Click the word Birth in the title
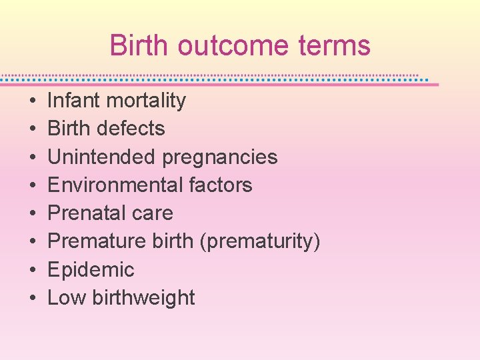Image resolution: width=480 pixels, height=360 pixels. (x=138, y=45)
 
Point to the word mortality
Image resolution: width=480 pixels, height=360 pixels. (x=146, y=101)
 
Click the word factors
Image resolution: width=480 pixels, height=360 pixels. (x=219, y=185)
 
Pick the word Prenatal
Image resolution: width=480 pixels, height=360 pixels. (x=85, y=213)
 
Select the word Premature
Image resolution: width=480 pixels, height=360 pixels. (x=94, y=241)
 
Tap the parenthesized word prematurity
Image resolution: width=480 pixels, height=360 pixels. (x=260, y=242)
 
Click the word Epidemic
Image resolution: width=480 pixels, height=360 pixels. (x=91, y=270)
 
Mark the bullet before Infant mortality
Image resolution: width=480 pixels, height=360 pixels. (x=33, y=101)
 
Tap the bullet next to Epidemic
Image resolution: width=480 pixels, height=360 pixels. (x=33, y=271)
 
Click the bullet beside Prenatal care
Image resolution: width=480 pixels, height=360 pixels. (x=33, y=214)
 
